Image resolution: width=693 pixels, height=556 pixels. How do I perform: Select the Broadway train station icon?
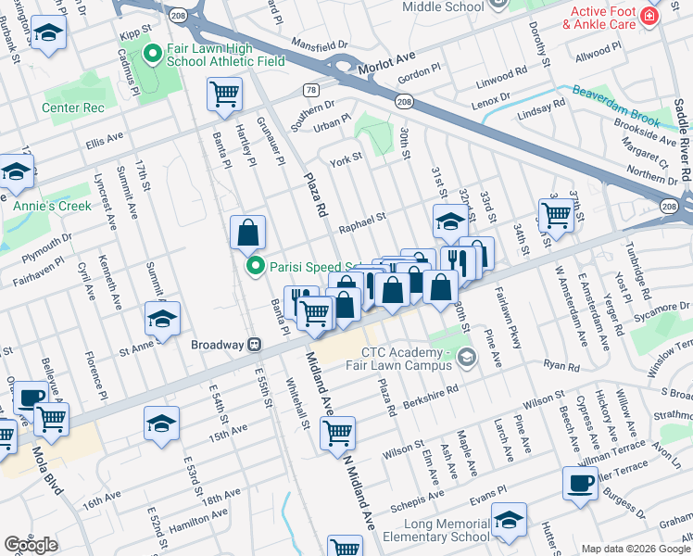[x=253, y=344]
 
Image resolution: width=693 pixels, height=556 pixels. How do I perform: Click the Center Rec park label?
[x=70, y=107]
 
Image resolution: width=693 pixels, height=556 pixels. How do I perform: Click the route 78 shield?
[x=310, y=90]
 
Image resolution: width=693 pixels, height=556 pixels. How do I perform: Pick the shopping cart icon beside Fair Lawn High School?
[x=225, y=95]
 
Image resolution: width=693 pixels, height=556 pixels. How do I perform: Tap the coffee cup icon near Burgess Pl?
[x=581, y=484]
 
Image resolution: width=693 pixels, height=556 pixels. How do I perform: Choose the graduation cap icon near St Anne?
[x=162, y=320]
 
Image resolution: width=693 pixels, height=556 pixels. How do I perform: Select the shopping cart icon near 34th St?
[x=556, y=214]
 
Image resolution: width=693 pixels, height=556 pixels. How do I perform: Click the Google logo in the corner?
[x=31, y=545]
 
